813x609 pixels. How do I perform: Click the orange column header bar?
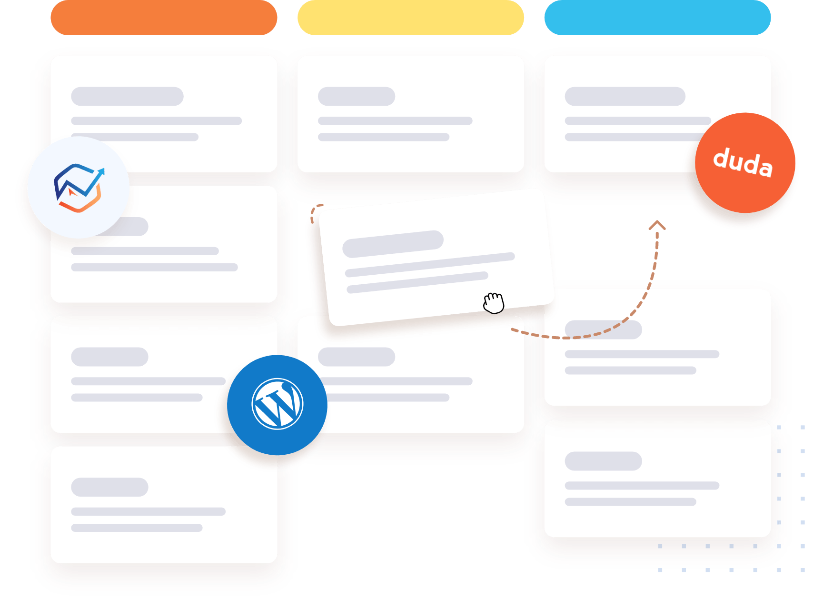point(164,18)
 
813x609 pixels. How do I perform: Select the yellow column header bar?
point(411,18)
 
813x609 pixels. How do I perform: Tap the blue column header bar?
point(657,18)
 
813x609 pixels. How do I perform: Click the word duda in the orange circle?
point(743,162)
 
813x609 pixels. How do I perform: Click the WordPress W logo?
point(277,404)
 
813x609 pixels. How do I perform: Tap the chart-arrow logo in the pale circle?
point(79,188)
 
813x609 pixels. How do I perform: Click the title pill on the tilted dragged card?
point(393,244)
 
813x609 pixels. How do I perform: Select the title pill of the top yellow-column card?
point(357,96)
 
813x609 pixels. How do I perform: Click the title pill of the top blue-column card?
point(625,96)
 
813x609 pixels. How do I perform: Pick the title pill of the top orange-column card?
point(127,96)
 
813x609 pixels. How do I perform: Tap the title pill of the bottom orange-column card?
point(109,487)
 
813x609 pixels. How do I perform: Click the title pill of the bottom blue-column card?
point(603,461)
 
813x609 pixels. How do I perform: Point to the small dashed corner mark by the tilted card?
point(316,212)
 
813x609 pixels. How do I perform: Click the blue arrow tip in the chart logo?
point(101,171)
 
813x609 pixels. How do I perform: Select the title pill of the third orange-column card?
point(109,357)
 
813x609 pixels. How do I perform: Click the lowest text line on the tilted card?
point(417,282)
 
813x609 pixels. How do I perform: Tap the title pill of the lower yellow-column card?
point(357,357)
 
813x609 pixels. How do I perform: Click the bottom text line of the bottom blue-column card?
point(630,502)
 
